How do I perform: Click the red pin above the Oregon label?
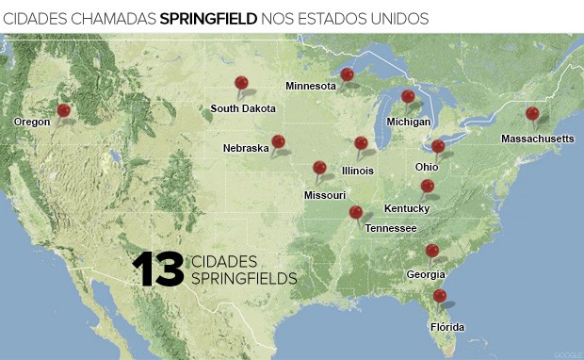[x=63, y=110]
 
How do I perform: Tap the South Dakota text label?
[x=243, y=108]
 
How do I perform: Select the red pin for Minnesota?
[x=347, y=74]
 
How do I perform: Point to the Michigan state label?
[x=408, y=122]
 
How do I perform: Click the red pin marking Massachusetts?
[x=532, y=114]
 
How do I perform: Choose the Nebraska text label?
[x=246, y=148]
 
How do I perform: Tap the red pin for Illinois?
[x=361, y=143]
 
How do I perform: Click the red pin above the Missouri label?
[x=319, y=168]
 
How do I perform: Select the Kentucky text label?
[x=407, y=208]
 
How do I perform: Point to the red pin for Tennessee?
[x=355, y=212]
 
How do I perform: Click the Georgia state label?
[x=427, y=274]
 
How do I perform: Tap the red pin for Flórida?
[x=439, y=296]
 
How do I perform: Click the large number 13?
[x=157, y=270]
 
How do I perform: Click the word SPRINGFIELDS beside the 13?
[x=244, y=278]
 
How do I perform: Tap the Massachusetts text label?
[x=537, y=139]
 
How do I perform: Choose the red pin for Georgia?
[x=431, y=250]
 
